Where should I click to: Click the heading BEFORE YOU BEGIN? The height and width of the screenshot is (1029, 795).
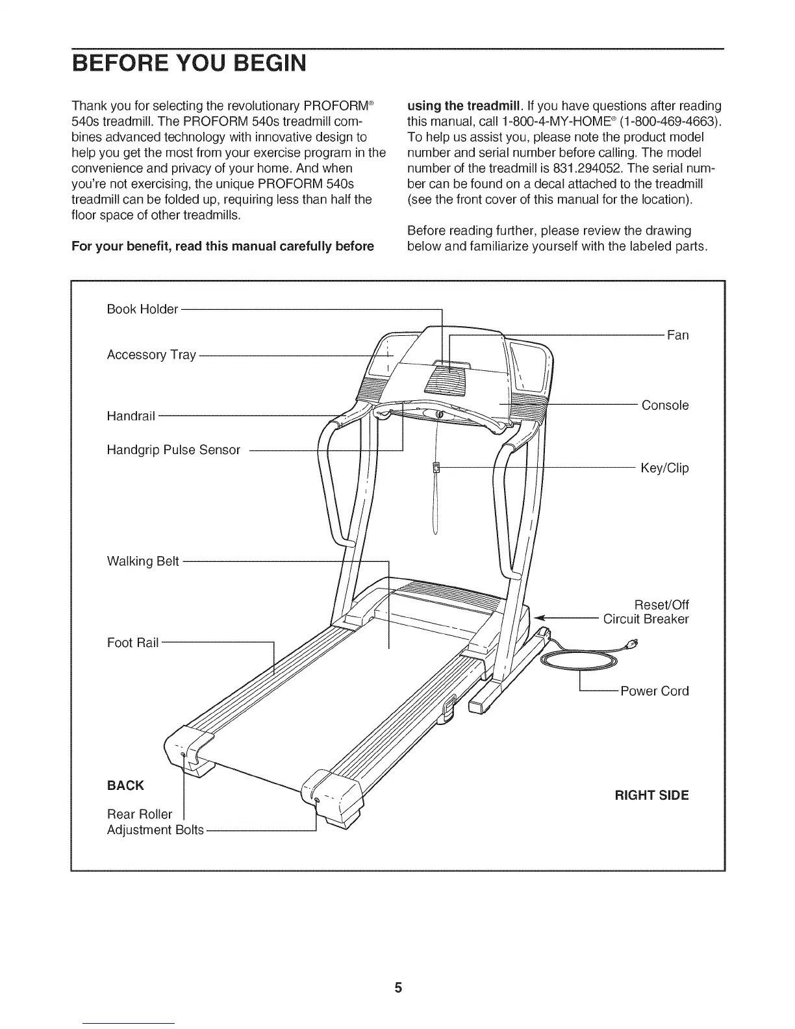tap(188, 65)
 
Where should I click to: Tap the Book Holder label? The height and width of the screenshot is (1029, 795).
tap(142, 309)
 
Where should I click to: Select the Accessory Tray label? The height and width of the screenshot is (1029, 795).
tap(151, 355)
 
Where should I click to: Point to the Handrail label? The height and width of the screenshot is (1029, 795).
tap(131, 416)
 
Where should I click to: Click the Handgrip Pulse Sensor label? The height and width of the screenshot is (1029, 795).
tap(173, 450)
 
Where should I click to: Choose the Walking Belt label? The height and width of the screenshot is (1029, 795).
tap(143, 561)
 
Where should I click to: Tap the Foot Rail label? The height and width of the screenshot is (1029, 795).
tap(132, 643)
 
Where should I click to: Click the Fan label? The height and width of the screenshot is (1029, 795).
tap(677, 335)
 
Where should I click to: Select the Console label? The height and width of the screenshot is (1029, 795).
tap(665, 405)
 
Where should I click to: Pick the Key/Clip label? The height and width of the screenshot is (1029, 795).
tap(664, 468)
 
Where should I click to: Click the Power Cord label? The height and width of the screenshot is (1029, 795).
tap(655, 691)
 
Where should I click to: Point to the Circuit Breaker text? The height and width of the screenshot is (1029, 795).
tap(646, 618)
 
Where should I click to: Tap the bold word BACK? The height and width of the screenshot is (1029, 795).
tap(125, 785)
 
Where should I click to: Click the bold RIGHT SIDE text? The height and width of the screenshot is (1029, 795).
tap(651, 795)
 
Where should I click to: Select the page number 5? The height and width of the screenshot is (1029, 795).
tap(398, 988)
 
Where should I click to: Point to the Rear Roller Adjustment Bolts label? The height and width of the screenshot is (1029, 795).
tap(155, 822)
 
